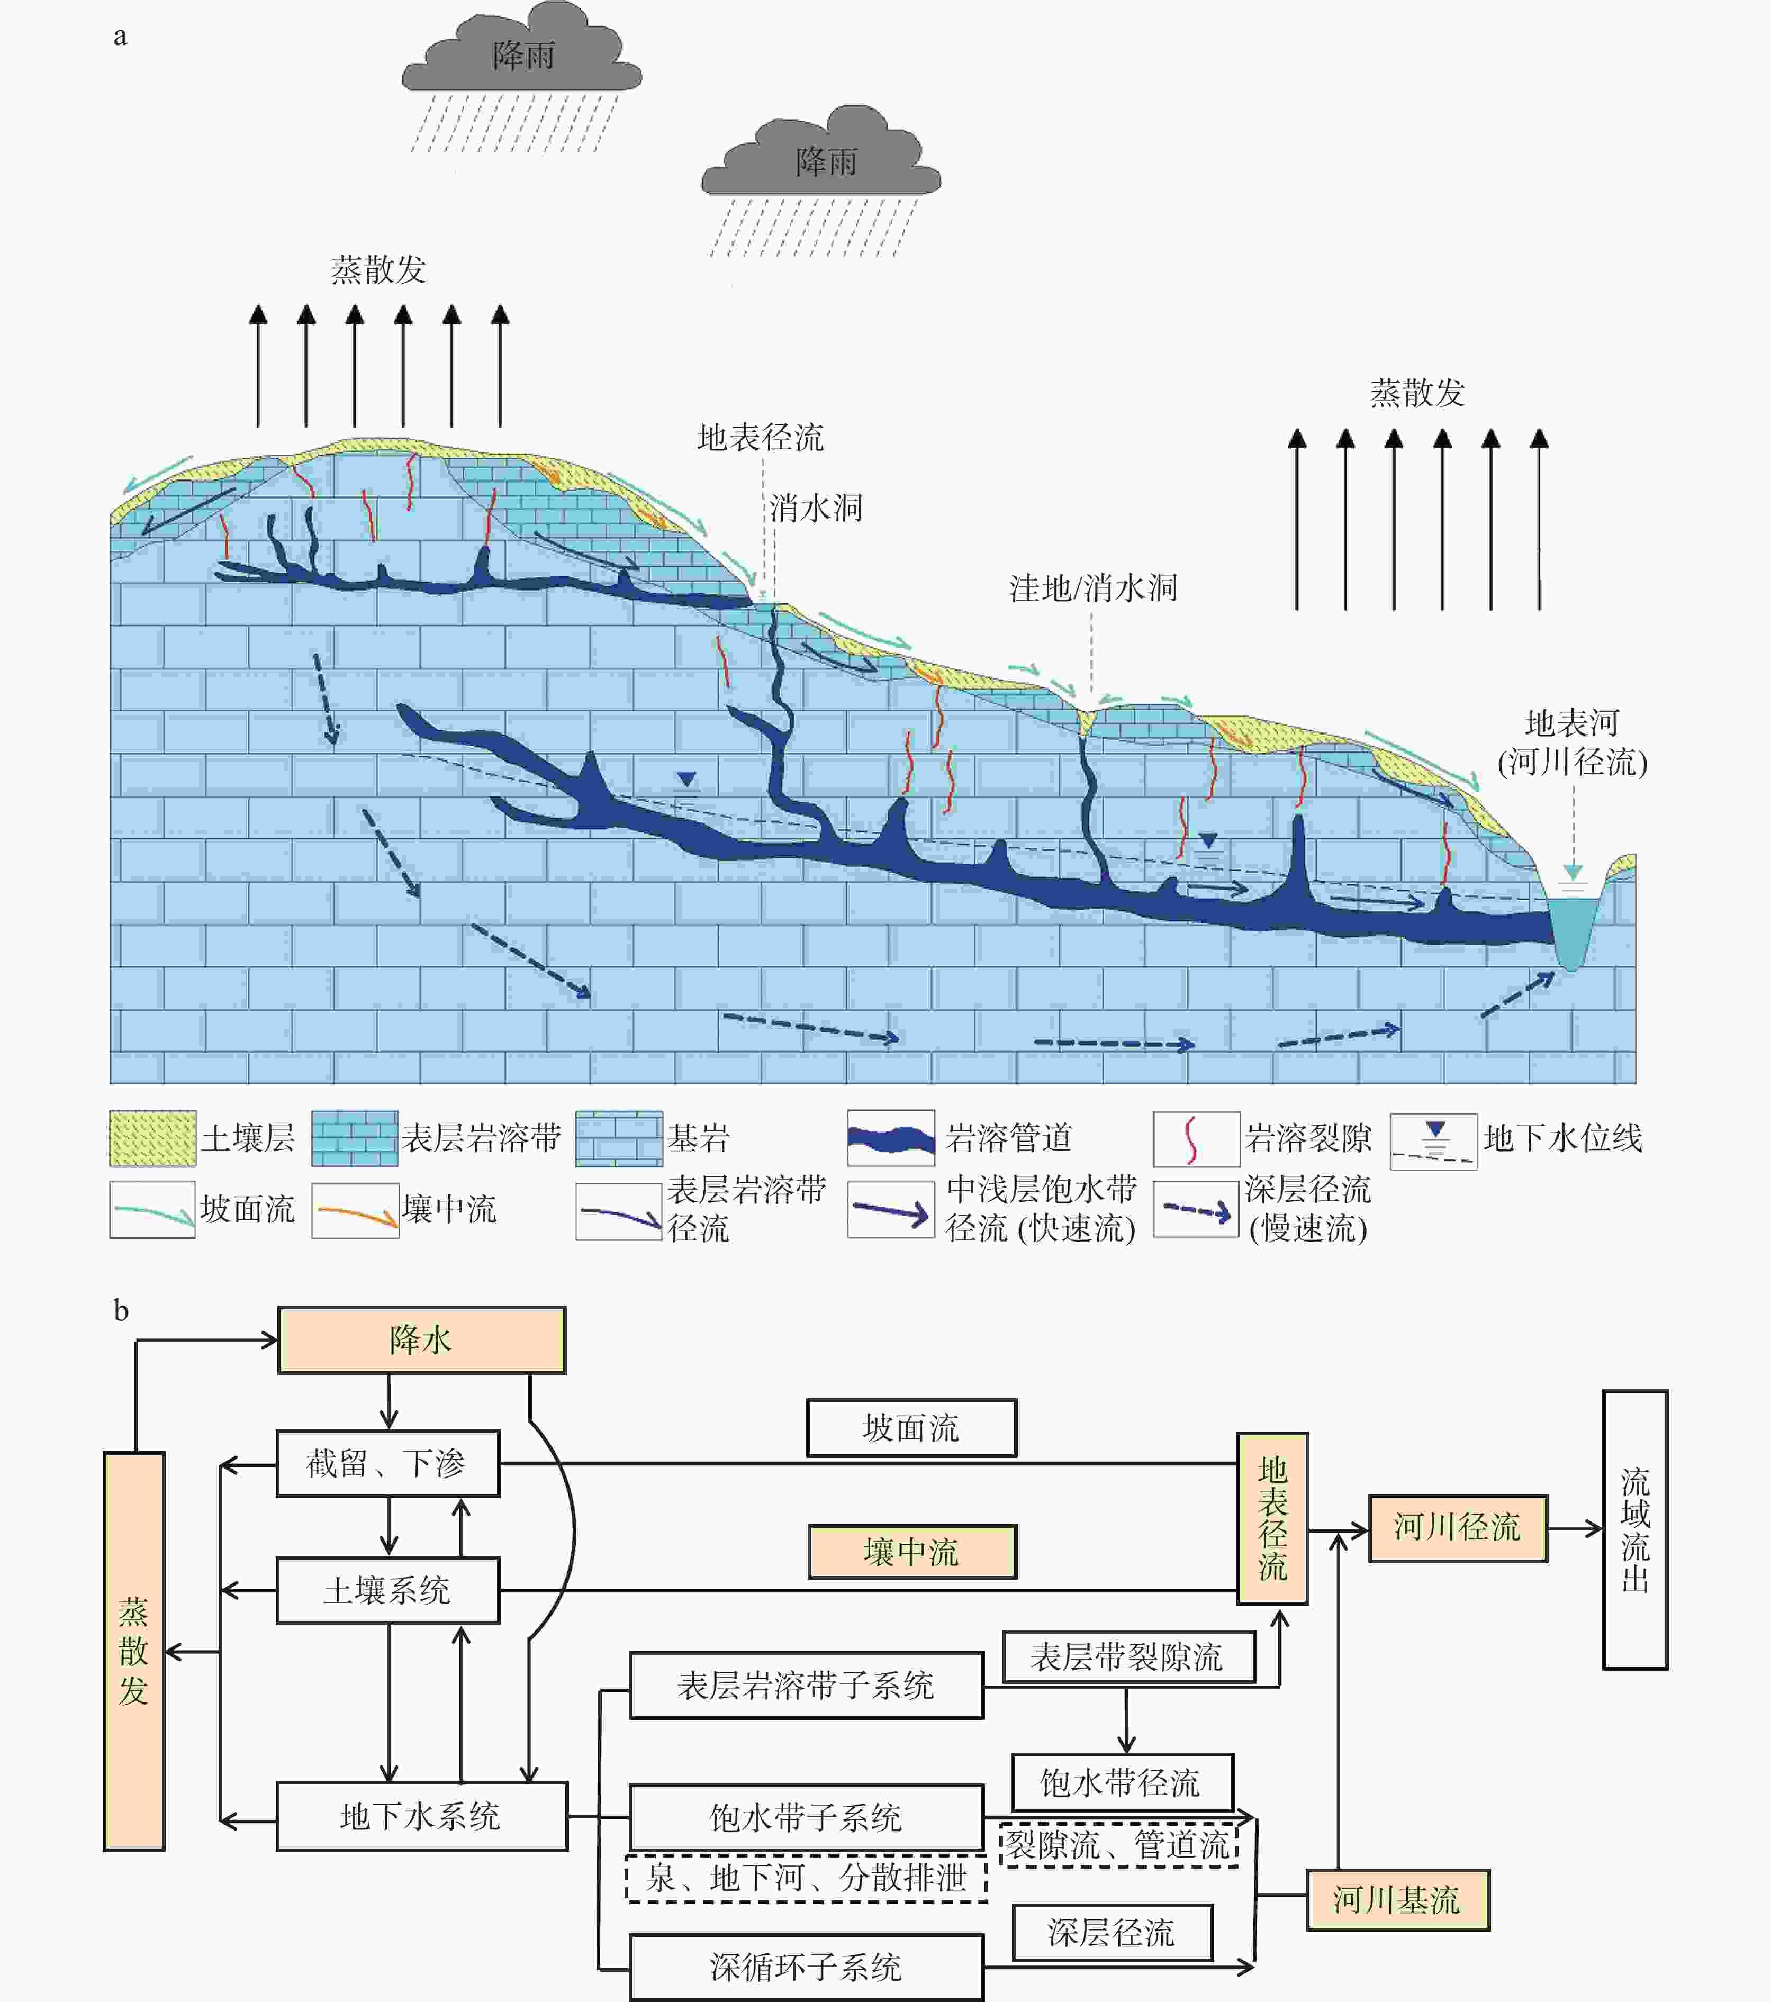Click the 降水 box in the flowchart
[x=421, y=1340]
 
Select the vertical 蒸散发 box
[x=134, y=1651]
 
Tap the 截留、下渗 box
[x=388, y=1463]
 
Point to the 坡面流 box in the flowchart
[x=911, y=1428]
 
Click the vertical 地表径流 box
[x=1272, y=1518]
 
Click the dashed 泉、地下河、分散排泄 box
[x=806, y=1878]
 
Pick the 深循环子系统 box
[x=806, y=1967]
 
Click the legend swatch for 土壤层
[x=153, y=1138]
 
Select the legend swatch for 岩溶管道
[x=890, y=1138]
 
